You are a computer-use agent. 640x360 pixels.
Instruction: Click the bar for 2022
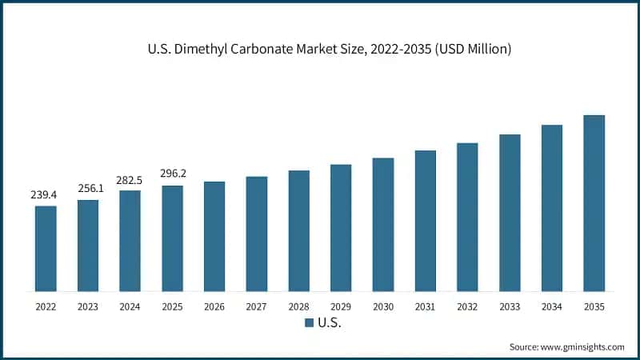[x=46, y=249]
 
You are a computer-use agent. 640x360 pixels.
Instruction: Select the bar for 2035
[x=594, y=203]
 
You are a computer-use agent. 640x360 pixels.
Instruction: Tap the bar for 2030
[x=383, y=225]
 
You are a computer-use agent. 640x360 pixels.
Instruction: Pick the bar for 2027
[x=257, y=234]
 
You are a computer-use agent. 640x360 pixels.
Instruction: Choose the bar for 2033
[x=510, y=213]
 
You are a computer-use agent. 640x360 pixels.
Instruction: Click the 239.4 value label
[x=46, y=194]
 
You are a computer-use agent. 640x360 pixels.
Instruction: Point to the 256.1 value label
[x=88, y=188]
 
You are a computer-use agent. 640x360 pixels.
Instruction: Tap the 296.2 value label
[x=173, y=174]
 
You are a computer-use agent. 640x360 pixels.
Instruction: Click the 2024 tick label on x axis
[x=130, y=306]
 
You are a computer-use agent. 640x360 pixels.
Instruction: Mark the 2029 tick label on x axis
[x=341, y=306]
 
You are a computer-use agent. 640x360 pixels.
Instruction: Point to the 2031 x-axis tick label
[x=425, y=306]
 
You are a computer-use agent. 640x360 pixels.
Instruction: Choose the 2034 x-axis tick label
[x=551, y=306]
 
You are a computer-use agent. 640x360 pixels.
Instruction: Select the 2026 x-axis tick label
[x=214, y=306]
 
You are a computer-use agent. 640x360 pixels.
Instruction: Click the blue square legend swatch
[x=309, y=323]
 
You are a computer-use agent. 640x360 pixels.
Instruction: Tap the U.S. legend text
[x=330, y=323]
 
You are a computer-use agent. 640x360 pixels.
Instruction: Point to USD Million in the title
[x=468, y=50]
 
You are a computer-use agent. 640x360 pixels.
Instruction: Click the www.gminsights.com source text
[x=582, y=346]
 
